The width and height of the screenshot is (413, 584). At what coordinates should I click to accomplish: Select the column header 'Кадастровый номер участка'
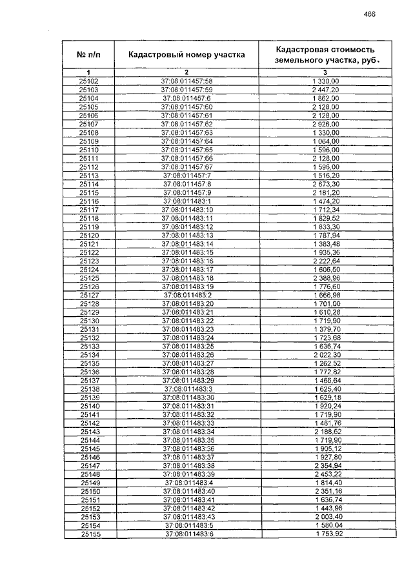tap(186, 55)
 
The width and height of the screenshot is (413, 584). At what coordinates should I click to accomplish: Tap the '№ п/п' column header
tap(88, 55)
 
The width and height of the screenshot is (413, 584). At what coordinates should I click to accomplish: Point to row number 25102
tap(88, 81)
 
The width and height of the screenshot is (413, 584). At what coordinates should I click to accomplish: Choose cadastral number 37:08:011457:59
tap(186, 89)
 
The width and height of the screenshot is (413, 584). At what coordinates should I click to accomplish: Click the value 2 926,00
tap(325, 124)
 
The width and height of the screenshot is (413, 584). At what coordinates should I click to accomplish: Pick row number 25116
tap(88, 201)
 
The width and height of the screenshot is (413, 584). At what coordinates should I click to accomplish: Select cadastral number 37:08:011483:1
tap(186, 201)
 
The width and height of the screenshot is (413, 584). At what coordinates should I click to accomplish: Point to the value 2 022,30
tap(325, 355)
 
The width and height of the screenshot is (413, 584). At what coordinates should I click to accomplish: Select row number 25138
tap(88, 389)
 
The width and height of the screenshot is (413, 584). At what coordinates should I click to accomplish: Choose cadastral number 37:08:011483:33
tap(186, 423)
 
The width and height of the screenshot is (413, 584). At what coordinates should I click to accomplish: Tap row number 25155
tap(88, 534)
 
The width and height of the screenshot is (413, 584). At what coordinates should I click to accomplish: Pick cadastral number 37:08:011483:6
tap(186, 534)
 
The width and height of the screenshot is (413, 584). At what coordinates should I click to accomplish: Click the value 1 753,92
tap(325, 534)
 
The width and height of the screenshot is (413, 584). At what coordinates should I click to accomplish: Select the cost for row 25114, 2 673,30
tap(325, 184)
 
